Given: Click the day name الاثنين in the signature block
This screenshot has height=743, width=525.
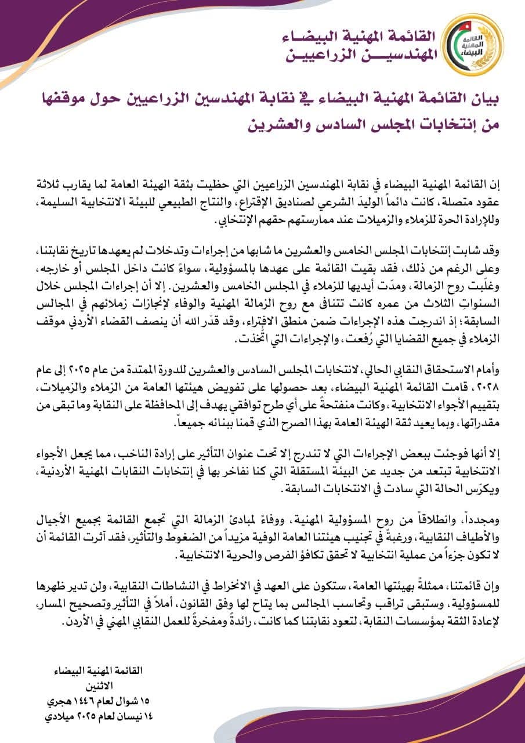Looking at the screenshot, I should point(115,685).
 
